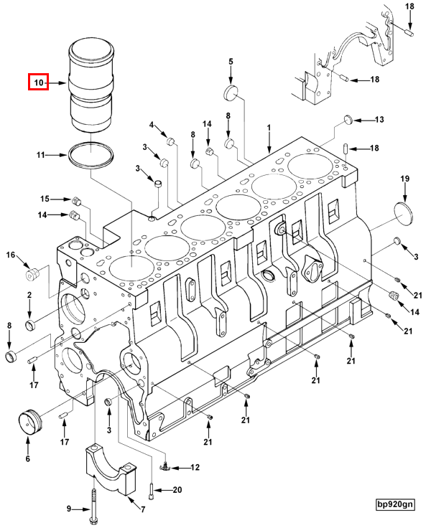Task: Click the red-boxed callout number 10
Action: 38,83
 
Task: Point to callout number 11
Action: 42,154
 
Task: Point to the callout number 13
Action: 379,119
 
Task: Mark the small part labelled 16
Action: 31,273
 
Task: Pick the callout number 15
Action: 44,199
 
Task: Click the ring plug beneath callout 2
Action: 29,327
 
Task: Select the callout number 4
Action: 152,126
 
